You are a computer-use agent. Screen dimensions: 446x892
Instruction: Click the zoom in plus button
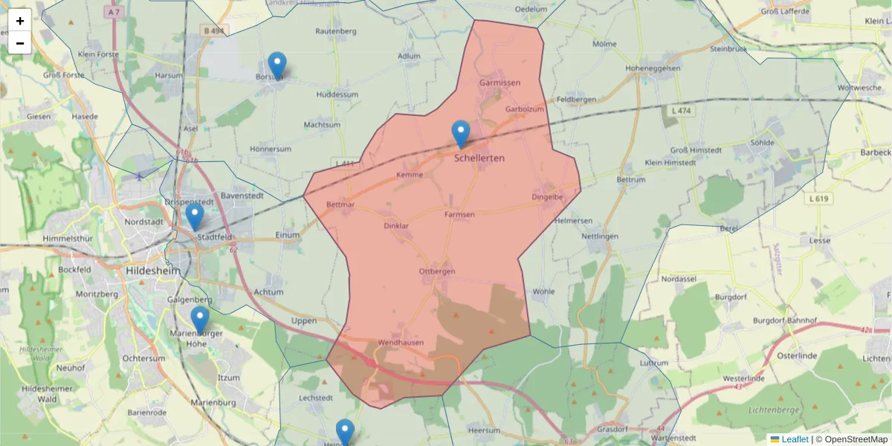[x=20, y=21]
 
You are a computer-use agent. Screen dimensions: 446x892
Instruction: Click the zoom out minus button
[x=20, y=43]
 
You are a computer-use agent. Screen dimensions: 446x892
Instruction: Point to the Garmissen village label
[x=500, y=83]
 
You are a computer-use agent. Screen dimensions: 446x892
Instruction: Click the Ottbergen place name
[x=436, y=271]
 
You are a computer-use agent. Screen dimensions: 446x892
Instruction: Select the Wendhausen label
[x=401, y=343]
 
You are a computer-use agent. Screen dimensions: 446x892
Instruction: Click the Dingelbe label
[x=548, y=197]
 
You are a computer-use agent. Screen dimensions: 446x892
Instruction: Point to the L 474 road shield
[x=677, y=110]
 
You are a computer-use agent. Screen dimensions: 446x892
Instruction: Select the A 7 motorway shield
[x=113, y=13]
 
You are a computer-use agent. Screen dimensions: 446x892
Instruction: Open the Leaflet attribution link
[x=794, y=439]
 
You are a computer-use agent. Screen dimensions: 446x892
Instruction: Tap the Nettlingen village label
[x=600, y=236]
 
